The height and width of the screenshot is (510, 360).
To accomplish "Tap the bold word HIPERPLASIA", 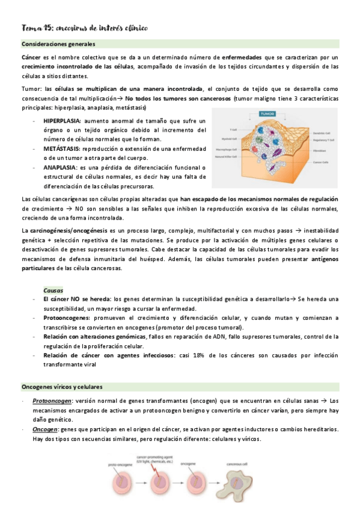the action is pos(62,120).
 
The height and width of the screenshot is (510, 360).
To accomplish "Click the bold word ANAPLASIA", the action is pos(59,167).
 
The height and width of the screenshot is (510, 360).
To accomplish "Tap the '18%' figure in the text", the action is pos(196,355).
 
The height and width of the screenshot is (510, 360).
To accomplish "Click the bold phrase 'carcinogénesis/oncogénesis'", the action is pos(67,230).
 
